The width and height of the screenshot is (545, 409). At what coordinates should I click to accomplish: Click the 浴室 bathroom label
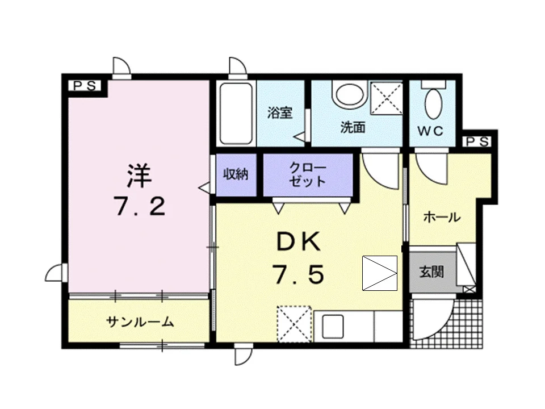[280, 112]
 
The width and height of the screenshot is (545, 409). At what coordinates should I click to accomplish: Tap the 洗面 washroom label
[353, 128]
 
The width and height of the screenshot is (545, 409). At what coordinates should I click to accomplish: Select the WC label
[430, 131]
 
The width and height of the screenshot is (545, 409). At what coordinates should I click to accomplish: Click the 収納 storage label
[236, 174]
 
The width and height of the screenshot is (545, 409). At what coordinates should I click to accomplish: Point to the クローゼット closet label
[308, 175]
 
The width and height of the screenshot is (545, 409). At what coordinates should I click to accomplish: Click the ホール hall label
[442, 218]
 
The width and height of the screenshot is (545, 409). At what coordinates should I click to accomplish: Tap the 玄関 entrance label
[431, 272]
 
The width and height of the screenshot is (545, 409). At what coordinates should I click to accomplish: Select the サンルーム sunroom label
[140, 323]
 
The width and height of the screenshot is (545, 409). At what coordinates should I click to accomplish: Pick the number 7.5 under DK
[300, 274]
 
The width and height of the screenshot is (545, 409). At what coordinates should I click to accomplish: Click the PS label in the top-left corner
[85, 86]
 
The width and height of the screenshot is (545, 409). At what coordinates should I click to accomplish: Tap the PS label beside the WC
[477, 141]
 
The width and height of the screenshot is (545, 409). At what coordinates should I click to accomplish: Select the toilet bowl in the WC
[433, 103]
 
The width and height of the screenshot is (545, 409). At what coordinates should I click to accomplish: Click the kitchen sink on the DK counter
[333, 327]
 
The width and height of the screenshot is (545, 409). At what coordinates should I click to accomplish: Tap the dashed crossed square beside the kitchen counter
[294, 324]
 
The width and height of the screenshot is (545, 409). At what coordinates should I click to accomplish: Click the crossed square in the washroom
[386, 98]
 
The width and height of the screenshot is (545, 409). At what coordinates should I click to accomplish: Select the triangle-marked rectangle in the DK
[380, 273]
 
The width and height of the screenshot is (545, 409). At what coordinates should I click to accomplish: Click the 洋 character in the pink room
[140, 176]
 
